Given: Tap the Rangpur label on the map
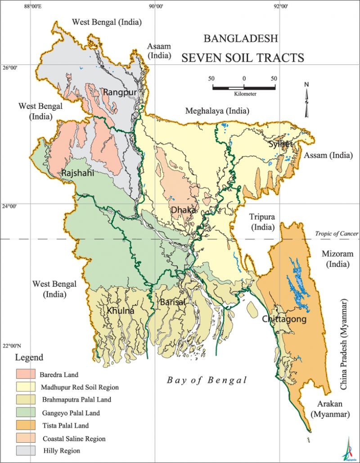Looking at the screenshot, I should [x=119, y=92].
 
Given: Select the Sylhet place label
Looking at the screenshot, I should [x=280, y=144].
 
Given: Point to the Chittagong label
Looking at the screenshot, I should [x=285, y=319].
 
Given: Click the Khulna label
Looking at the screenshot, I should [x=121, y=310].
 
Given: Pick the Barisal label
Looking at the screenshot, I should [x=172, y=302].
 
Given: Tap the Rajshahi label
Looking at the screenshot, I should [x=78, y=173].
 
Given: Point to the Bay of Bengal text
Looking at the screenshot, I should [x=207, y=380].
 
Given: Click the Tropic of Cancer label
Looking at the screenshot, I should [x=337, y=234].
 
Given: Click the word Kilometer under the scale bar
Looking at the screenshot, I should [x=245, y=94].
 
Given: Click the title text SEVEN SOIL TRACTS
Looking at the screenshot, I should [x=243, y=58].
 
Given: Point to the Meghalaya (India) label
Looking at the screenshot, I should [x=218, y=111].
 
